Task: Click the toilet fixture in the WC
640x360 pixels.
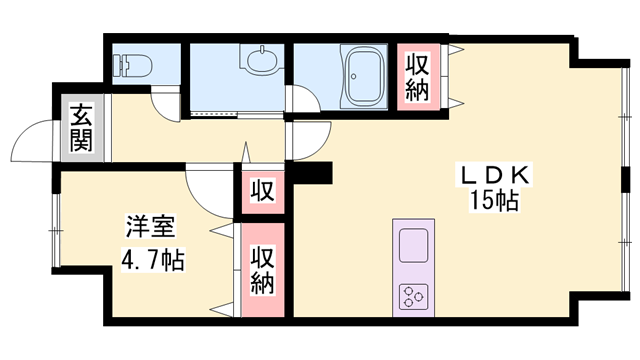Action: pyautogui.click(x=132, y=64)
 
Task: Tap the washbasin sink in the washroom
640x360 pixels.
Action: pyautogui.click(x=261, y=60)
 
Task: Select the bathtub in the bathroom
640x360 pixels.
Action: pyautogui.click(x=364, y=76)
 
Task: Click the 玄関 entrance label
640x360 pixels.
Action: pyautogui.click(x=81, y=128)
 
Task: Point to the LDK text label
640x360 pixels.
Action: pyautogui.click(x=495, y=176)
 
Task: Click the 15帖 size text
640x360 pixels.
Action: pyautogui.click(x=495, y=200)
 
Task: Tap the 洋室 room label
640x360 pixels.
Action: pyautogui.click(x=150, y=227)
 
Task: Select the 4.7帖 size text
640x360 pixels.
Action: pyautogui.click(x=153, y=259)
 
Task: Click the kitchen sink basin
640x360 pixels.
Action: pyautogui.click(x=413, y=246)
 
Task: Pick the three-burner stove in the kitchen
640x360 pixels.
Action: pyautogui.click(x=413, y=296)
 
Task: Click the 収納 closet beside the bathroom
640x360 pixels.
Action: pyautogui.click(x=418, y=77)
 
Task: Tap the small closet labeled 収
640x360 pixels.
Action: pyautogui.click(x=262, y=191)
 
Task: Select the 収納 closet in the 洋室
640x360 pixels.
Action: pyautogui.click(x=262, y=269)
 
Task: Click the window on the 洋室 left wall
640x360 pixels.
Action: pyautogui.click(x=56, y=231)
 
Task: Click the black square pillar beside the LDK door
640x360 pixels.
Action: pyautogui.click(x=313, y=172)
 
